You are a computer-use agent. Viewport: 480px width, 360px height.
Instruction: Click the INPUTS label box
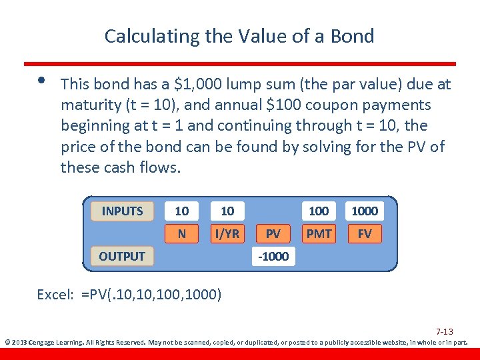[x=122, y=211]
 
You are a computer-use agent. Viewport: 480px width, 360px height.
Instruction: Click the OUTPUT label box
[x=122, y=256]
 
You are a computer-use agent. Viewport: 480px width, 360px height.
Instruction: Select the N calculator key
[x=181, y=233]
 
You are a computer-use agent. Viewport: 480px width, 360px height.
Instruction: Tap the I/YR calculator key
[x=227, y=233]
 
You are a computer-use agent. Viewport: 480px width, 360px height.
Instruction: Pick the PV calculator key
[x=273, y=233]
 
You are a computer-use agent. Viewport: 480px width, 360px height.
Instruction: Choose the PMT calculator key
[x=319, y=233]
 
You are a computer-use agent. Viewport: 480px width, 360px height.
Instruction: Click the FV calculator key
[x=365, y=233]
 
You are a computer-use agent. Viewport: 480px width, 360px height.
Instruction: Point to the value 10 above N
[x=181, y=211]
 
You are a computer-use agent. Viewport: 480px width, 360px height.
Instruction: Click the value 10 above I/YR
[x=227, y=211]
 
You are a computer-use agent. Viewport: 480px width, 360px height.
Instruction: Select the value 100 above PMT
[x=319, y=211]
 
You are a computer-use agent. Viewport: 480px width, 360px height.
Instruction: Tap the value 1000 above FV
[x=365, y=211]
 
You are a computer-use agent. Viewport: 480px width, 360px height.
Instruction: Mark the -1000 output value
[x=273, y=257]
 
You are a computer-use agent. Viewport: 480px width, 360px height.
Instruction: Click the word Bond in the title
[x=354, y=36]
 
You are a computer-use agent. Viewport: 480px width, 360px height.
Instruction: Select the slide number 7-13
[x=445, y=331]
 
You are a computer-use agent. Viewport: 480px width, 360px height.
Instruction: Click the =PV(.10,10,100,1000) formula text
[x=151, y=294]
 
